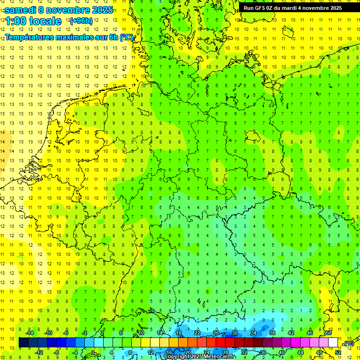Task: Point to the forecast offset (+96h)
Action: [81, 21]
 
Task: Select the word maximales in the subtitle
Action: [71, 37]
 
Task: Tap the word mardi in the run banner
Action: [288, 7]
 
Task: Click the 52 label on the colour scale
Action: [338, 352]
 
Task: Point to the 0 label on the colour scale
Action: [92, 352]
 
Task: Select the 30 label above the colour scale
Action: [235, 333]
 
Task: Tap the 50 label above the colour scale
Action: [329, 333]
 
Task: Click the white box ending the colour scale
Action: [333, 343]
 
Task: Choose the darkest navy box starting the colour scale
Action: [23, 343]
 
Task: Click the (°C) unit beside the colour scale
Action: [348, 344]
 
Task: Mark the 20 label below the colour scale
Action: [187, 352]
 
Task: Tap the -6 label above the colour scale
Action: [66, 333]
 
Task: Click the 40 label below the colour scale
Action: [281, 352]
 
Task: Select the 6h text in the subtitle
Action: [113, 37]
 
